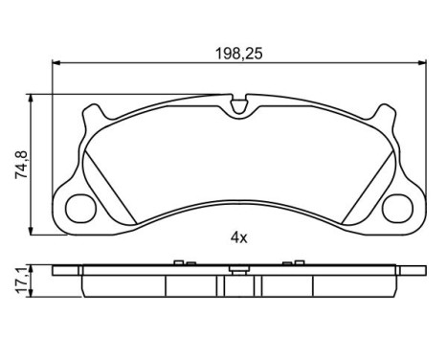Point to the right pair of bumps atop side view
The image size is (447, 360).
tap(291, 262)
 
